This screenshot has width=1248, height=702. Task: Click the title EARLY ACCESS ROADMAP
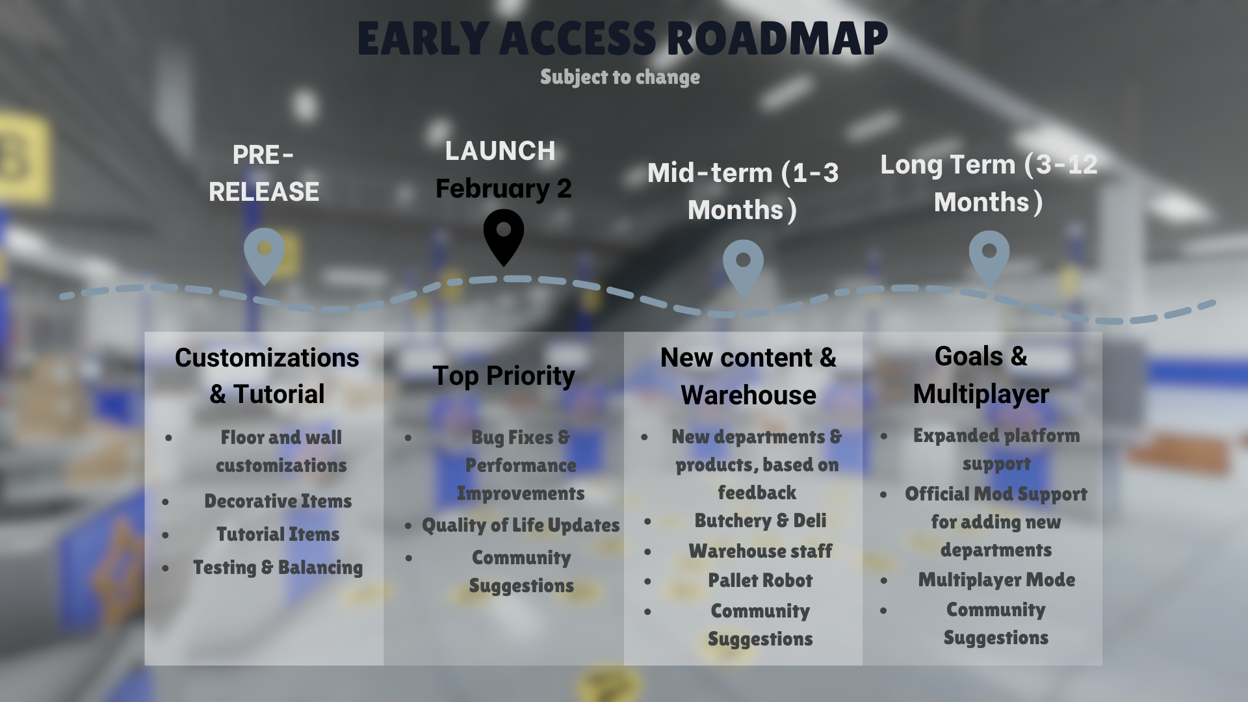(x=622, y=38)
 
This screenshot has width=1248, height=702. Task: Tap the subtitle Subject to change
(x=620, y=77)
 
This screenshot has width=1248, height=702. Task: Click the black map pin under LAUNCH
(x=504, y=236)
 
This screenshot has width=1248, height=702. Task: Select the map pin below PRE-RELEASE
(x=264, y=255)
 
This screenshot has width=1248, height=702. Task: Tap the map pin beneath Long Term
(x=989, y=257)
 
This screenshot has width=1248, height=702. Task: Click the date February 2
(x=504, y=188)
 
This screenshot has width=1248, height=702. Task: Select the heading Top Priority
(x=504, y=376)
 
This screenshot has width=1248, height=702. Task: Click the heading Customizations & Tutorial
(x=267, y=376)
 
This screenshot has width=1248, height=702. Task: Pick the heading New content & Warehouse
(x=749, y=376)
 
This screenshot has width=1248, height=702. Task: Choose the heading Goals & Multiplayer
(x=981, y=375)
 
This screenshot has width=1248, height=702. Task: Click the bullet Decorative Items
(x=278, y=501)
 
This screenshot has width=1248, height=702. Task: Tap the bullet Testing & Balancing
(x=278, y=567)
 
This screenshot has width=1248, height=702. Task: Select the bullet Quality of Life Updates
(x=521, y=525)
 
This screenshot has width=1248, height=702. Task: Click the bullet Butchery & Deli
(x=760, y=521)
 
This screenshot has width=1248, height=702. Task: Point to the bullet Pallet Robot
(x=760, y=580)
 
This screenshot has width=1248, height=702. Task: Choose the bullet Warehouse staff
(x=760, y=551)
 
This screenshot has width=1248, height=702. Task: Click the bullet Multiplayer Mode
(x=996, y=580)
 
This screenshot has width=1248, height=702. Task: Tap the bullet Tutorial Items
(x=278, y=534)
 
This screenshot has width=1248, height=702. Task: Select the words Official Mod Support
(x=996, y=494)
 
